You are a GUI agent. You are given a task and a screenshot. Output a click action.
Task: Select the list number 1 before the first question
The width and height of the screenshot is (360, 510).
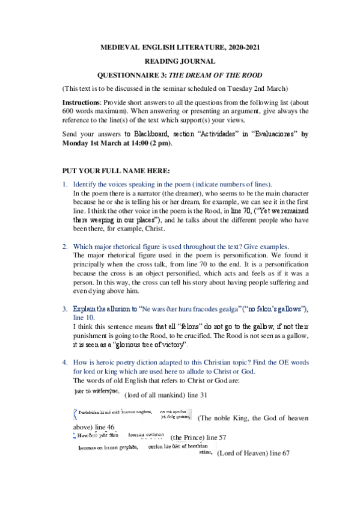coord(65,183)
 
